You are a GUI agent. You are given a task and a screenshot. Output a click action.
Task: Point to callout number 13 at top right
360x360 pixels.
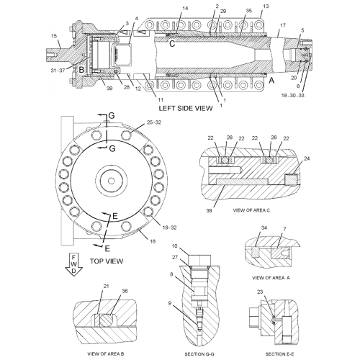tap(265, 6)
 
